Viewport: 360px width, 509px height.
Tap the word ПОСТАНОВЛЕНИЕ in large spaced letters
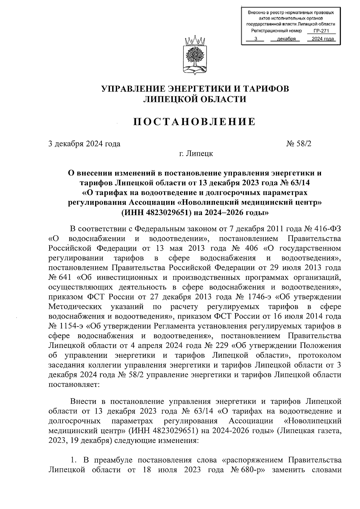(194, 122)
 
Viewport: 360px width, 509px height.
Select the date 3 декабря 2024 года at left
(84, 144)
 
